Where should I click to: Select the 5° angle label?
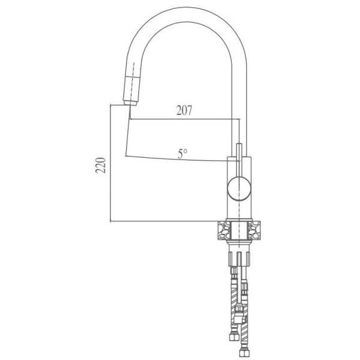(182, 154)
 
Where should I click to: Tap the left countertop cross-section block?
(224, 230)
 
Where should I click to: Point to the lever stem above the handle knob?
(238, 159)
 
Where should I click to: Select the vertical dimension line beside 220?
(111, 165)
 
